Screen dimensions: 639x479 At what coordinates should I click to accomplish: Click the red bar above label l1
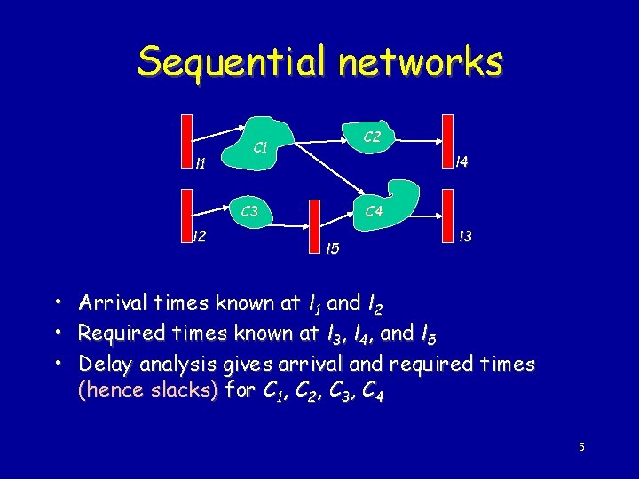[187, 137]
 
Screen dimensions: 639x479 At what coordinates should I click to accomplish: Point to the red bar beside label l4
[448, 138]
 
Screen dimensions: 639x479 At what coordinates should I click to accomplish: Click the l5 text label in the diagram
[333, 247]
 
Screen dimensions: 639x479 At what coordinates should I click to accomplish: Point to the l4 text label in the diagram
[461, 162]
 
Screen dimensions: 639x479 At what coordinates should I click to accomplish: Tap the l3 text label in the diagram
[464, 237]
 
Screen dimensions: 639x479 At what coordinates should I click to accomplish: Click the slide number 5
[581, 447]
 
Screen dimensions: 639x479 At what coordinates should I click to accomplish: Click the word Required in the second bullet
[119, 333]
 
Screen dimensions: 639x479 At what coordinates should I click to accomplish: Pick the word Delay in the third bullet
[102, 364]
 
